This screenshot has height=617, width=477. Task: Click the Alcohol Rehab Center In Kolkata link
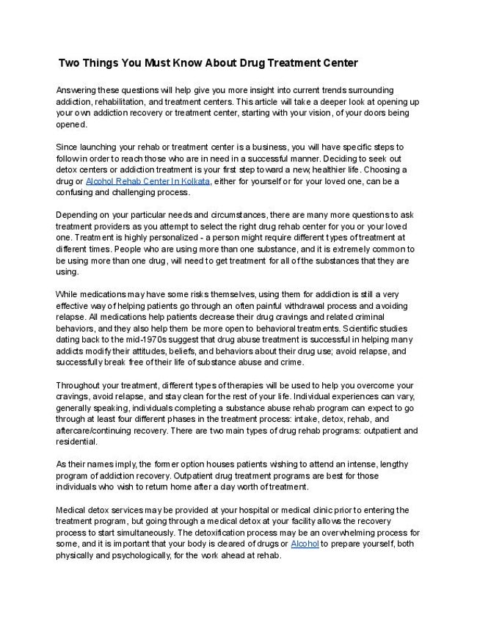pyautogui.click(x=148, y=181)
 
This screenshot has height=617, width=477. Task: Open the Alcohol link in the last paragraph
pyautogui.click(x=305, y=544)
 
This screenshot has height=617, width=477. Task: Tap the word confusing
pyautogui.click(x=80, y=193)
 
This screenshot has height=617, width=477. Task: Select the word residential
pyautogui.click(x=77, y=442)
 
